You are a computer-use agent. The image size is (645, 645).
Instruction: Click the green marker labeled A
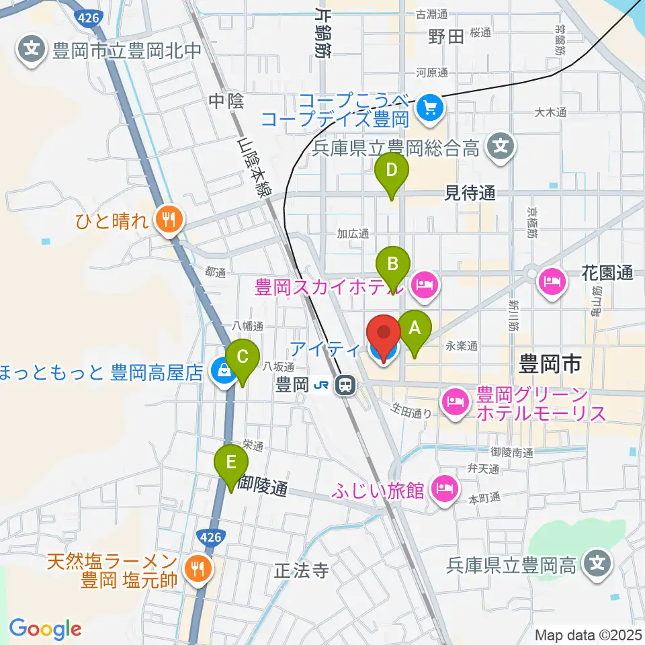point(414,329)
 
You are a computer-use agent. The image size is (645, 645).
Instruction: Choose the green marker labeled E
point(230,463)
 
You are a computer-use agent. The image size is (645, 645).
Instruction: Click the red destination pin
point(384,333)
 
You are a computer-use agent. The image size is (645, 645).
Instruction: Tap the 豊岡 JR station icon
point(345,385)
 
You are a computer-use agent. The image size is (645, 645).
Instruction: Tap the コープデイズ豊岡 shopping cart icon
point(427,107)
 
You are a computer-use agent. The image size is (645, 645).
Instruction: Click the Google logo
point(45,629)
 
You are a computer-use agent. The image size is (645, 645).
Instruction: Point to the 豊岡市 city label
point(550,365)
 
